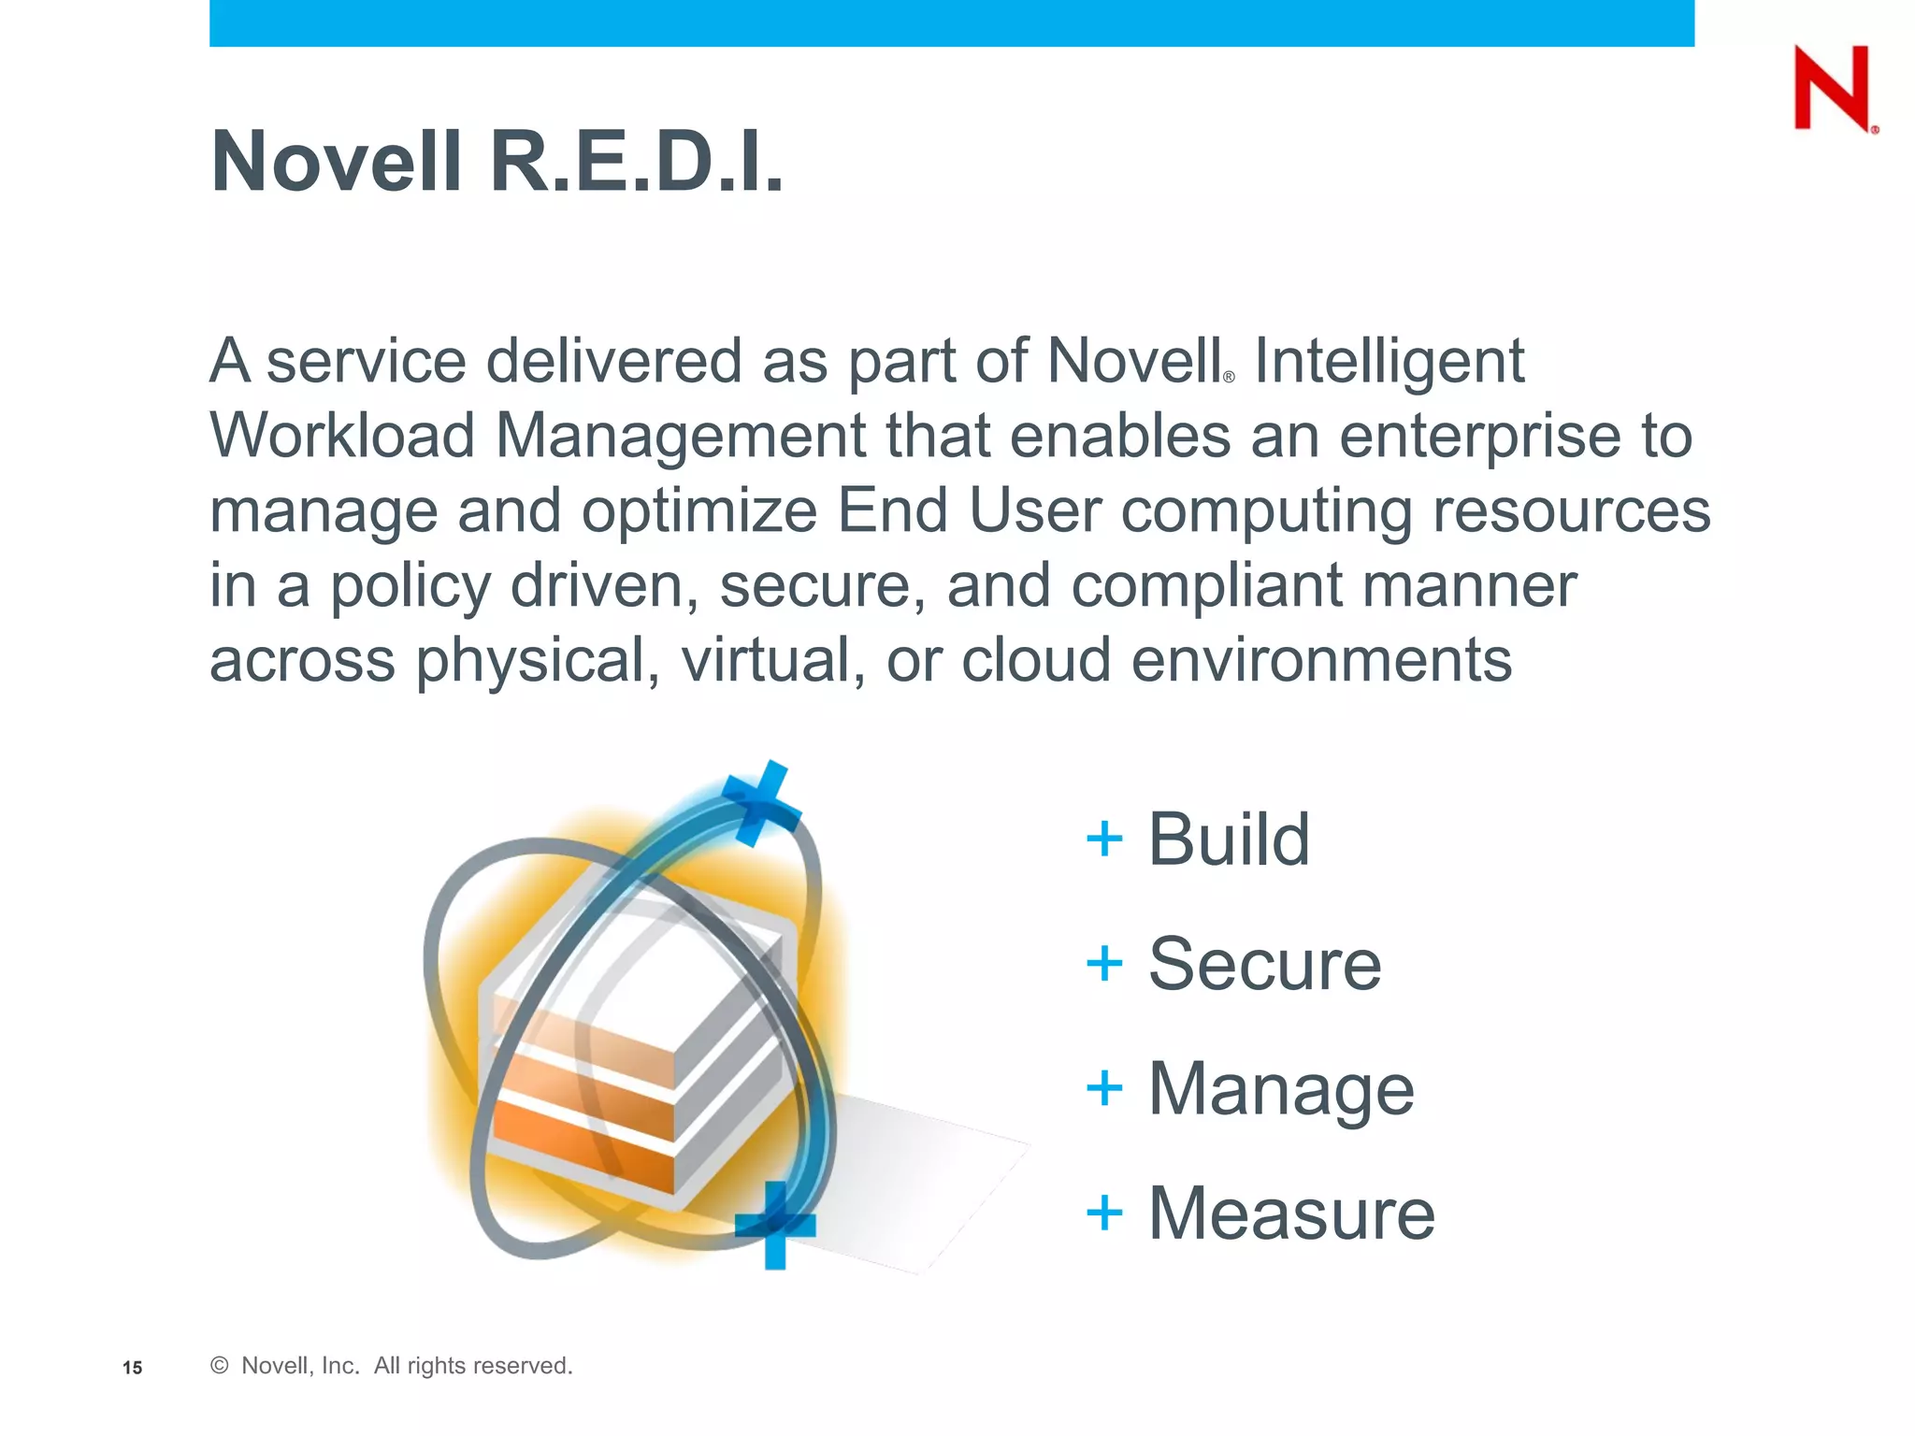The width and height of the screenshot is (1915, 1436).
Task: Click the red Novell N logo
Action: (x=1832, y=89)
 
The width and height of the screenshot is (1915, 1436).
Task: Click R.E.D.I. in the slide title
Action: (x=637, y=162)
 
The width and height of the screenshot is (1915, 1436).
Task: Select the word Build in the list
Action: (x=1228, y=839)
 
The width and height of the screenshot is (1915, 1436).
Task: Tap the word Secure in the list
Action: (x=1264, y=964)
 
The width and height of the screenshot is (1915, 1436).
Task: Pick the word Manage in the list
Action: (x=1281, y=1089)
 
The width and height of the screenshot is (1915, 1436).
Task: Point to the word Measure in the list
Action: (x=1290, y=1213)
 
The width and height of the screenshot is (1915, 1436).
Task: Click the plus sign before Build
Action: (x=1104, y=839)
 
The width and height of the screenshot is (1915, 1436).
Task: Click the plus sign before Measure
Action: (x=1104, y=1213)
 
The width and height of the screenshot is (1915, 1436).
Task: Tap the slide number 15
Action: (x=133, y=1368)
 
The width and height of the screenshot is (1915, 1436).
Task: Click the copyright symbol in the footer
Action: (x=220, y=1366)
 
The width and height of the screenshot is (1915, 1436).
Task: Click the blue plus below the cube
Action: (x=775, y=1225)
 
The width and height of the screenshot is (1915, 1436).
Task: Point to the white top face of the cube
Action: (x=645, y=963)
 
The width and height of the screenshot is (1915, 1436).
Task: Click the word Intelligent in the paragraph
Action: (x=1389, y=361)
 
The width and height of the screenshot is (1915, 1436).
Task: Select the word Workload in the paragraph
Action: (x=342, y=436)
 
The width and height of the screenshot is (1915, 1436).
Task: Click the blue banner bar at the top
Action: (x=951, y=22)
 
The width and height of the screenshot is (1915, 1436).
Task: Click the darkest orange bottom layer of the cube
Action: (x=580, y=1142)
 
